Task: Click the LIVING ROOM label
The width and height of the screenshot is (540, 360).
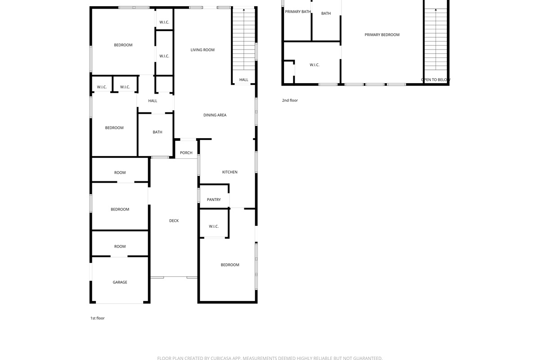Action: pos(202,50)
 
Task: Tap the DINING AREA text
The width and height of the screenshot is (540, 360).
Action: pos(215,115)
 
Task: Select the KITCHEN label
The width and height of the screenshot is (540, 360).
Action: pos(230,172)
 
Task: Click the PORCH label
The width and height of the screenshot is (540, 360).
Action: pos(186,153)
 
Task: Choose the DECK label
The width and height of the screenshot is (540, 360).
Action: pos(174,220)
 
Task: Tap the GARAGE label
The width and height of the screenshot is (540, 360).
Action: pos(120,282)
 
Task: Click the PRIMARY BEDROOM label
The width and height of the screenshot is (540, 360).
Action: pos(382,35)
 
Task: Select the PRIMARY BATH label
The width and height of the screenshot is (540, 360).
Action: pos(298,12)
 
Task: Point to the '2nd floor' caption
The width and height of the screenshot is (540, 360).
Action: pos(290,100)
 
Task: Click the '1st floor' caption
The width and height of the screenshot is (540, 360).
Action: pos(97,318)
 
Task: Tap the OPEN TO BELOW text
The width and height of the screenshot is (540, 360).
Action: pos(436,80)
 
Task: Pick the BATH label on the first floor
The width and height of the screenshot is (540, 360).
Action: pos(157,132)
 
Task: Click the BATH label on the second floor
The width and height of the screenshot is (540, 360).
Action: pos(326,13)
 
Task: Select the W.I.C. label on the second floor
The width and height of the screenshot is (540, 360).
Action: pos(315,65)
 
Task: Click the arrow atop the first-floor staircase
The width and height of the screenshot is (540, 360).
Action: pos(244,9)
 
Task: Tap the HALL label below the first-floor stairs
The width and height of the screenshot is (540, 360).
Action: pos(244,80)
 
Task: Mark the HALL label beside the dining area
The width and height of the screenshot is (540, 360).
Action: pos(153,101)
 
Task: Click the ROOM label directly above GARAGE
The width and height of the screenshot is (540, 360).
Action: pos(120,247)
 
